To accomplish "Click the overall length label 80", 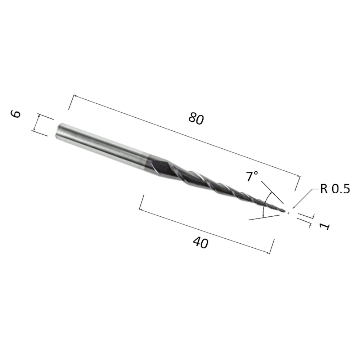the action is [196, 119].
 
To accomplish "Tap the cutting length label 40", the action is [201, 243].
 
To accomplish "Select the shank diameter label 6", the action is [16, 114].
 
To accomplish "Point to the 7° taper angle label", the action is [252, 176].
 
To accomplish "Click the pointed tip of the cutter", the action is [285, 212].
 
